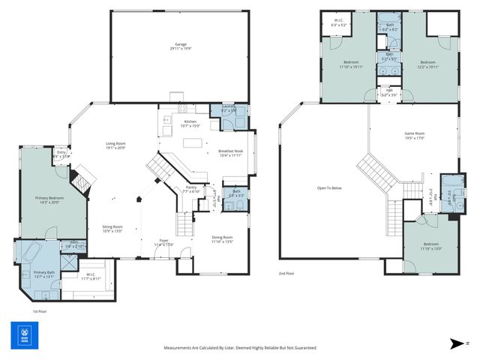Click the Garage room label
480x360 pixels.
click(180, 46)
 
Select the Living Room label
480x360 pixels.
click(115, 145)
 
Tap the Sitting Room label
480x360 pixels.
click(112, 229)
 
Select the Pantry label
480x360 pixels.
click(191, 189)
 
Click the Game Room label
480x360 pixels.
click(415, 135)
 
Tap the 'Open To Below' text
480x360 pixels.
click(329, 188)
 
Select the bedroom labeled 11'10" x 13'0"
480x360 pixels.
click(430, 246)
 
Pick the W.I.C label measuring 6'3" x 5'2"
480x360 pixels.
click(338, 24)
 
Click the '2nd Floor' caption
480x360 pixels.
click(286, 274)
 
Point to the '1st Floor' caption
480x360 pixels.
click(40, 310)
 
